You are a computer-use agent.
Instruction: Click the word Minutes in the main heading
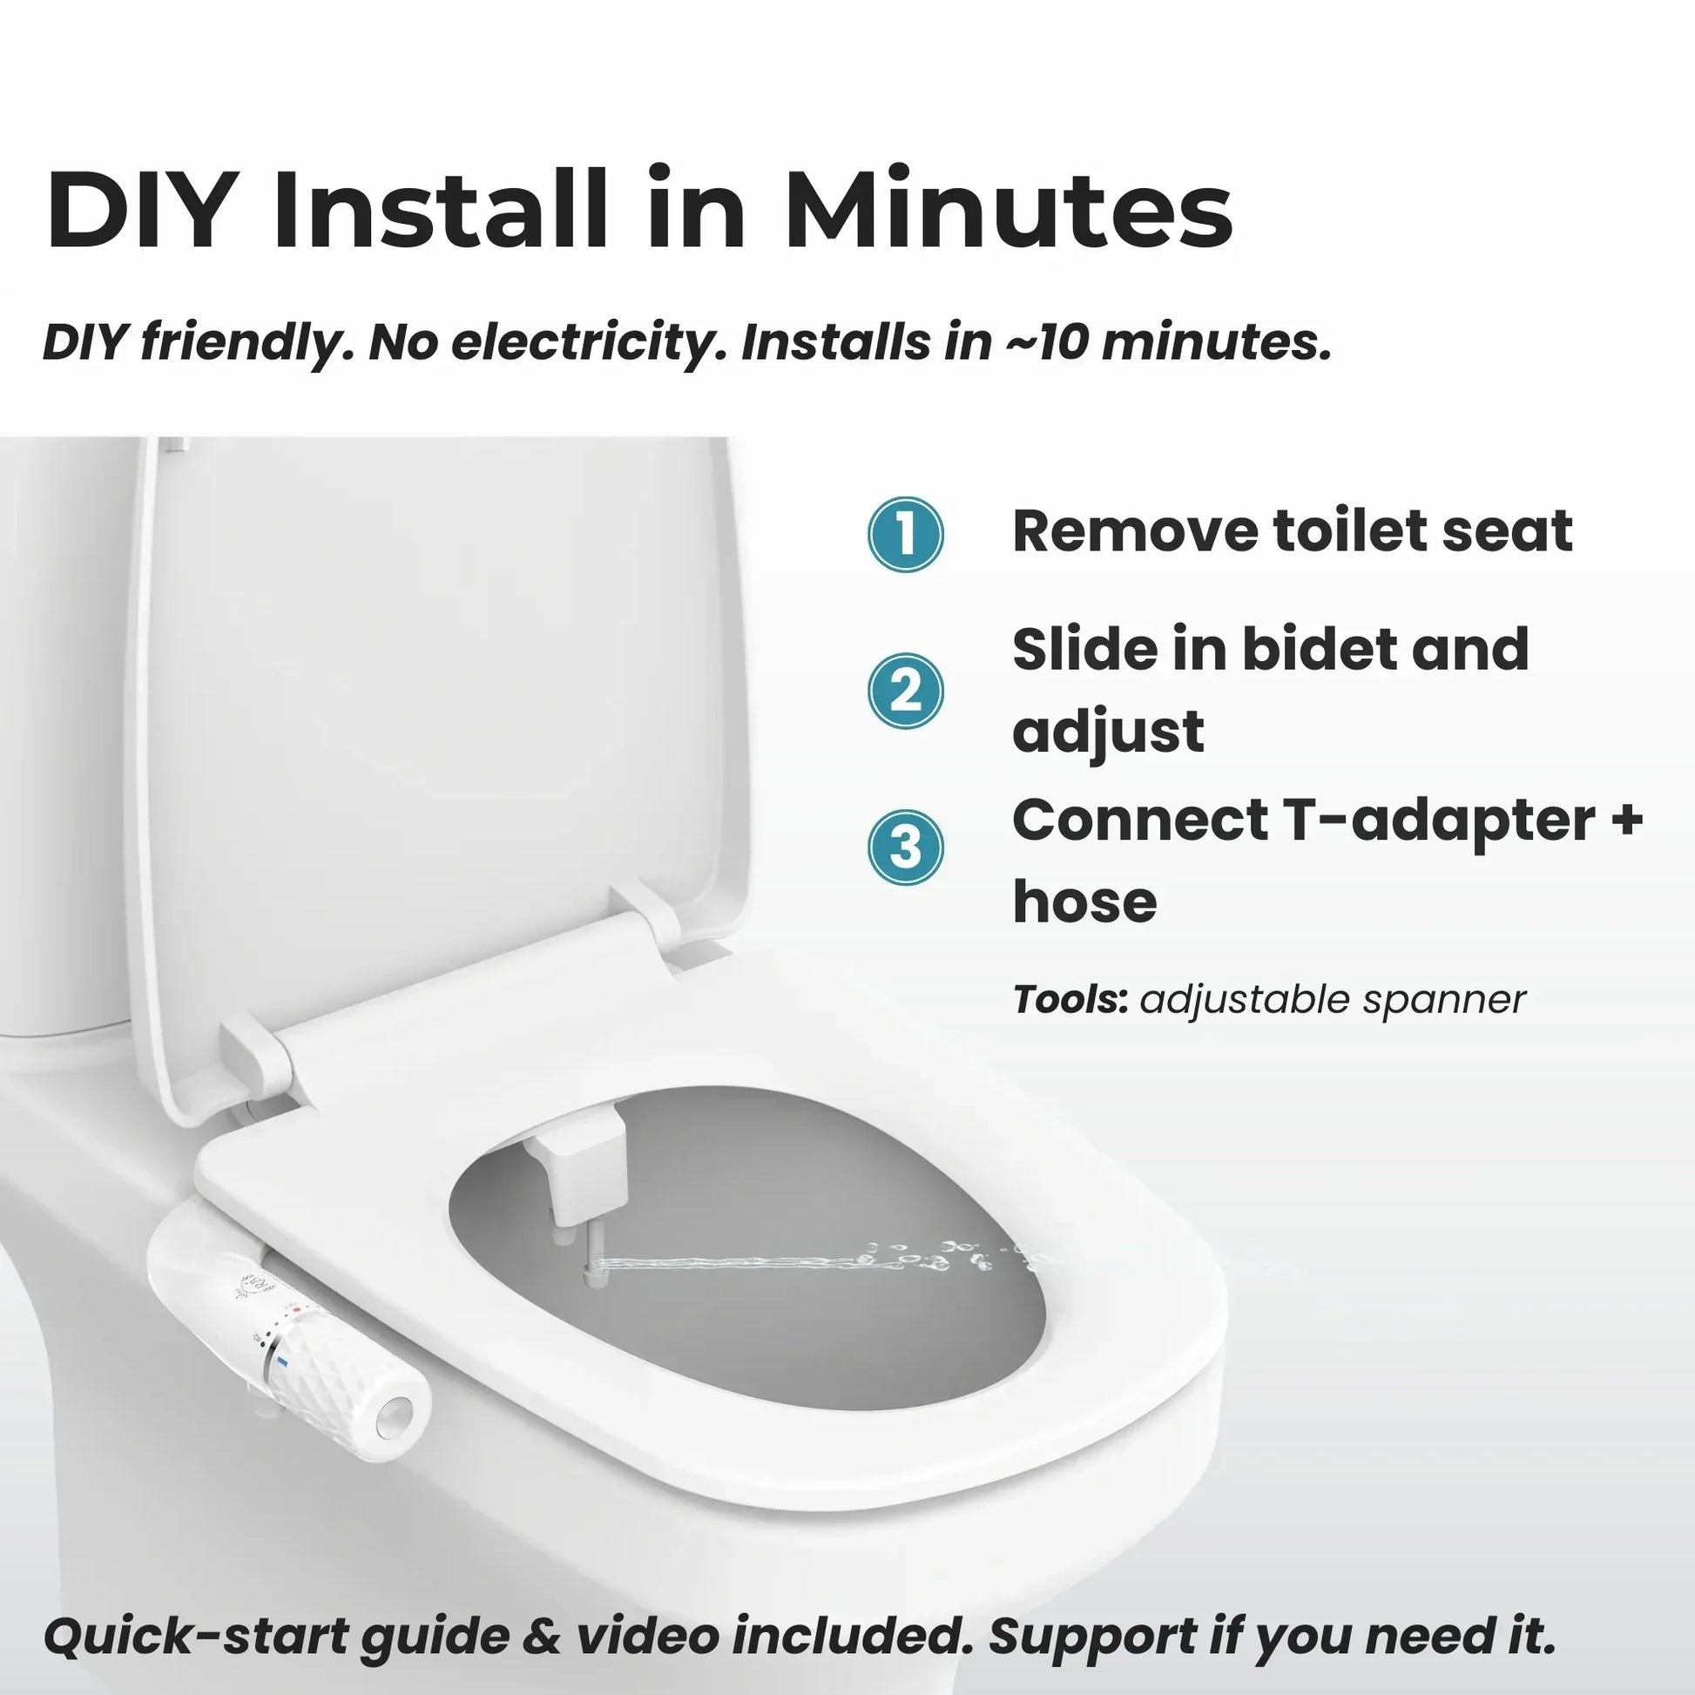[1009, 210]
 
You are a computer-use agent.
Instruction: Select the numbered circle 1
[905, 534]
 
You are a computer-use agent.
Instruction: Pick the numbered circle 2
[905, 691]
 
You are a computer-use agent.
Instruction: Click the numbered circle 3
[905, 847]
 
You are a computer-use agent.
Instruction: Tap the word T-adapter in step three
[1439, 820]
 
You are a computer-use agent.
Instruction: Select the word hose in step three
[1084, 902]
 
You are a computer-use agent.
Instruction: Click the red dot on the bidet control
[296, 1310]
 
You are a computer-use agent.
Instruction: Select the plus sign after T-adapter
[1624, 821]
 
